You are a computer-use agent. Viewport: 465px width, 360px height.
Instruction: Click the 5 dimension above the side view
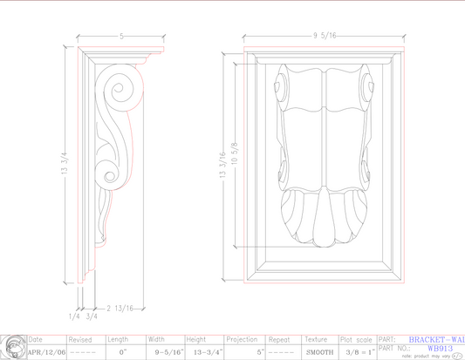point(121,37)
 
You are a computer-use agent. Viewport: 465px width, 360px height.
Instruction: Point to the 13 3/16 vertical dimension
point(222,164)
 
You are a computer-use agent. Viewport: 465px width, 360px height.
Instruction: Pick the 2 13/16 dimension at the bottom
point(120,308)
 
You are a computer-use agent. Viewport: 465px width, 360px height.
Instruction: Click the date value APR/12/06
point(46,352)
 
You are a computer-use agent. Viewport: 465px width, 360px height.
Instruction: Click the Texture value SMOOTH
point(319,352)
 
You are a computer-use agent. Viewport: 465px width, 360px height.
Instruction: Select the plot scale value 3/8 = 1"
point(359,352)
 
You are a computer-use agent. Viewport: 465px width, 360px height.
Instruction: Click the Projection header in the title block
point(242,339)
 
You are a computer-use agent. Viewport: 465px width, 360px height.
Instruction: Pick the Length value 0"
point(122,352)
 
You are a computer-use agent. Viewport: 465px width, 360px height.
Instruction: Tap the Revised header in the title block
point(80,339)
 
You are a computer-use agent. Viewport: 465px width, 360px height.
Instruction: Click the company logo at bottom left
point(12,347)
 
